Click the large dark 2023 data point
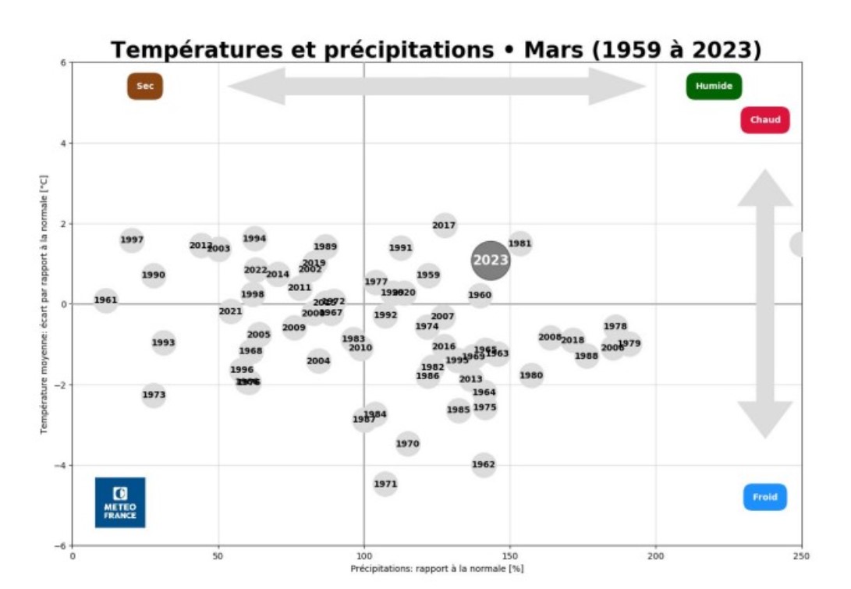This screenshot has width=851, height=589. pyautogui.click(x=491, y=261)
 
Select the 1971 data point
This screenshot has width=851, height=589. pyautogui.click(x=385, y=484)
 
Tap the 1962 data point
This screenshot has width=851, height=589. pyautogui.click(x=484, y=464)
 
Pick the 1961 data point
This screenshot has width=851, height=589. pyautogui.click(x=105, y=300)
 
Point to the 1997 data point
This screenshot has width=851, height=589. pyautogui.click(x=132, y=240)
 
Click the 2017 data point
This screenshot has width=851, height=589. pyautogui.click(x=444, y=226)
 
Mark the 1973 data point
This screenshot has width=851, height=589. pyautogui.click(x=154, y=395)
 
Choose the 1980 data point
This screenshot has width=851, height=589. pyautogui.click(x=531, y=375)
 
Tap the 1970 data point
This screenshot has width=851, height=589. pyautogui.click(x=407, y=444)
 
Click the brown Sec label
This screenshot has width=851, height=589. pyautogui.click(x=145, y=86)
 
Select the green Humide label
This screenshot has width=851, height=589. pyautogui.click(x=714, y=86)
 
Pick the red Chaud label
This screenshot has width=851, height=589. pyautogui.click(x=765, y=120)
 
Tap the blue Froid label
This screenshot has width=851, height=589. pyautogui.click(x=764, y=497)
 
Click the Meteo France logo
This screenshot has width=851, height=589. pyautogui.click(x=120, y=502)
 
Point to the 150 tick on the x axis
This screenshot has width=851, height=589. pyautogui.click(x=510, y=555)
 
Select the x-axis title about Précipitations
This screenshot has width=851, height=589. pyautogui.click(x=437, y=569)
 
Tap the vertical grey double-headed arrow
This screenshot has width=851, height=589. pyautogui.click(x=764, y=304)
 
